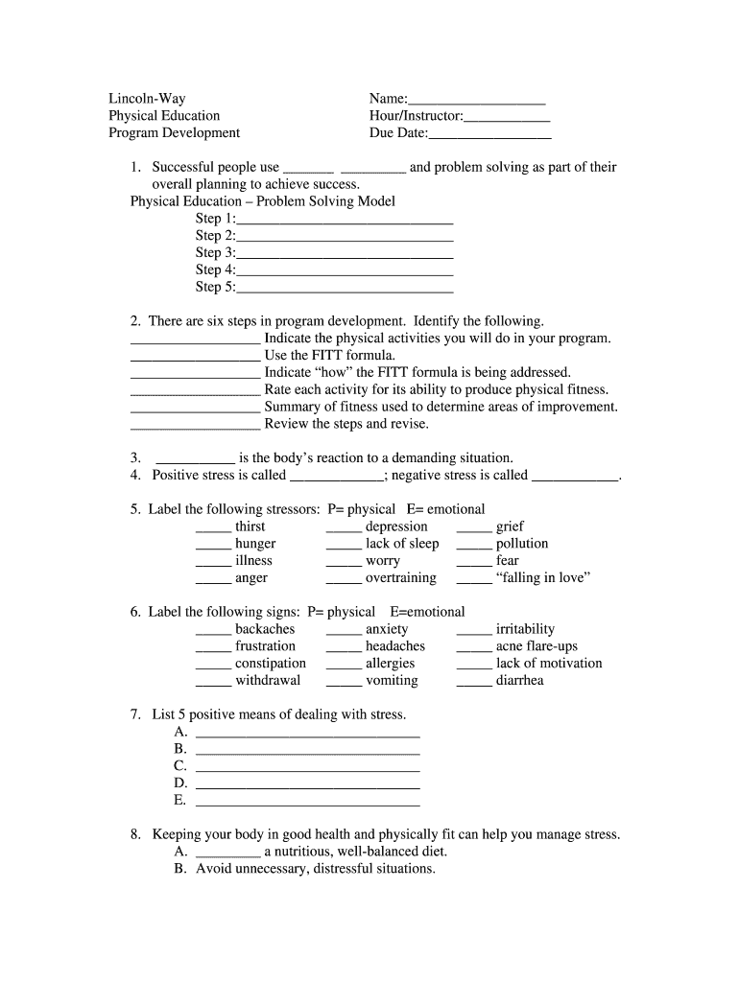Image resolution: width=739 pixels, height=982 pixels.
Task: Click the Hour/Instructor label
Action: [x=416, y=116]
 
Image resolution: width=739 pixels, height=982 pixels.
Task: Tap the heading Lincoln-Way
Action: [x=147, y=99]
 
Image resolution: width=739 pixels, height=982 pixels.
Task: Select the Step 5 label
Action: [x=215, y=287]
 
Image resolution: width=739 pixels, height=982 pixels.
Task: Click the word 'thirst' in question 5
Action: [x=250, y=526]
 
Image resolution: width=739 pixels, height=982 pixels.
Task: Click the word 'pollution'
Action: [x=522, y=544]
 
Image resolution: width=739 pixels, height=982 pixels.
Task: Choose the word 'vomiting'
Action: [x=392, y=681]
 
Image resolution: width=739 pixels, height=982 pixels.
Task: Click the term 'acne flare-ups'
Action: [x=536, y=646]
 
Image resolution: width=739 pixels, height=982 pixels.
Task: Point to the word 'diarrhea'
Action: [x=519, y=681]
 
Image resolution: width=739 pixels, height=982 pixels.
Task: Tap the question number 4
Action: [x=136, y=476]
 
